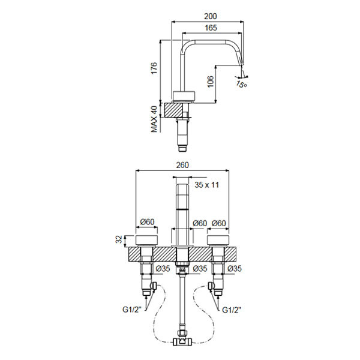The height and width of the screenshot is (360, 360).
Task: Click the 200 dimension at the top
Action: [211, 16]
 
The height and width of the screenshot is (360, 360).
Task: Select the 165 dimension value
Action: [211, 28]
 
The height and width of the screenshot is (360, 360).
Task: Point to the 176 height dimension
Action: [154, 68]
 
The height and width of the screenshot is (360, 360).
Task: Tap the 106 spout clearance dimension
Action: [211, 82]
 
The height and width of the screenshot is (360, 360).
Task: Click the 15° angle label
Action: [242, 84]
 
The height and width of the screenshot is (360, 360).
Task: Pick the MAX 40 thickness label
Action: [154, 119]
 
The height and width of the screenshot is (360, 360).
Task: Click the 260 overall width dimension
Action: [182, 165]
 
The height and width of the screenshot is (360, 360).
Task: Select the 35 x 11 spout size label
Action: [207, 185]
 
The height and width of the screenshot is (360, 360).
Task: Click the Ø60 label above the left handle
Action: [147, 222]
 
